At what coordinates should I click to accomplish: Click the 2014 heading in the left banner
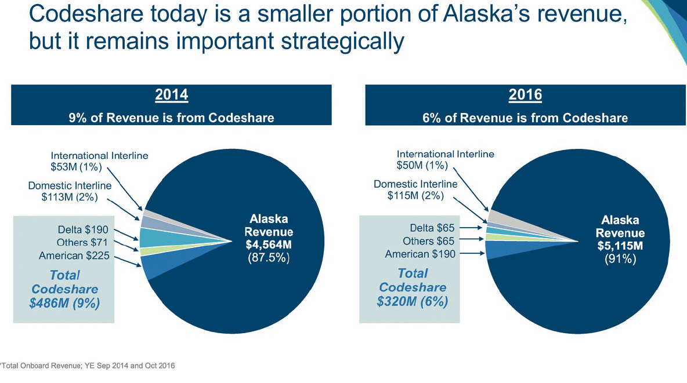pos(171,94)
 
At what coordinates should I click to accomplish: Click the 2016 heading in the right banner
pos(525,94)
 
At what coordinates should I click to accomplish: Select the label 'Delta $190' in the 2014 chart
pos(83,230)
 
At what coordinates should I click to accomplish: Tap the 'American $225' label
pos(74,256)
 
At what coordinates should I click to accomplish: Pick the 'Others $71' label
pos(82,243)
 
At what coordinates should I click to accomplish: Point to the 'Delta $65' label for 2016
pos(432,228)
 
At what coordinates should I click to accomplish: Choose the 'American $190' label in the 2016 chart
pos(420,254)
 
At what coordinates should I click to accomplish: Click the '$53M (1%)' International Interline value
pos(76,167)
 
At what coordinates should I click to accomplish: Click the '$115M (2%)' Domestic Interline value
pos(415,195)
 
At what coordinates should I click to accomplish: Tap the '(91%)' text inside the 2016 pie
pos(620,258)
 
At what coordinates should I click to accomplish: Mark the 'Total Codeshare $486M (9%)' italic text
pos(64,289)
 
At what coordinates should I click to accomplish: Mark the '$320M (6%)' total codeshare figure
pos(413,301)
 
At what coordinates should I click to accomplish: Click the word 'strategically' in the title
pos(342,41)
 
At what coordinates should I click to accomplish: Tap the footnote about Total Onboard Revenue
pos(88,366)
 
